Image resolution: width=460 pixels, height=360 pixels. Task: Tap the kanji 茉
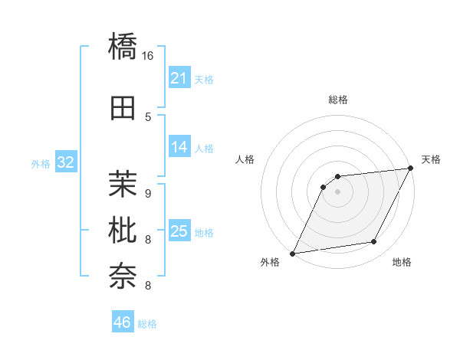(x=123, y=183)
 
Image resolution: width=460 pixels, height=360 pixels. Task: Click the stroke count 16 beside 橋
(x=148, y=55)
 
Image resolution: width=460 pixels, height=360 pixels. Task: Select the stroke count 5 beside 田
(x=148, y=117)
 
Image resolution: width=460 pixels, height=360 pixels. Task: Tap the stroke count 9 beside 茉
(x=148, y=192)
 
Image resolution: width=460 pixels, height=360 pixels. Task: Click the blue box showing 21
(x=179, y=78)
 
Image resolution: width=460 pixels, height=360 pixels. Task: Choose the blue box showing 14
(x=179, y=148)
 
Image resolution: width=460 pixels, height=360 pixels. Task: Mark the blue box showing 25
(x=179, y=231)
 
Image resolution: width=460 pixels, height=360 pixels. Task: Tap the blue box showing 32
(x=65, y=162)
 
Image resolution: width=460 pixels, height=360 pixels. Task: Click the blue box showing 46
(x=123, y=322)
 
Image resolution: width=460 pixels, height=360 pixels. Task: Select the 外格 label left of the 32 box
(x=41, y=163)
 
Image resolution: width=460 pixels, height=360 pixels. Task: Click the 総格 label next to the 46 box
(x=147, y=324)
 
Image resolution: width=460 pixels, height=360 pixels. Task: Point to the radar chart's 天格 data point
(x=411, y=169)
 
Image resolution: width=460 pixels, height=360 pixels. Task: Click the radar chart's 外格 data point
(x=292, y=253)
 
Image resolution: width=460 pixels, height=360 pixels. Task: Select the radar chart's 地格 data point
(x=374, y=242)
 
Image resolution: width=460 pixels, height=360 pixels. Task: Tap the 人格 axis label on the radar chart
(x=245, y=159)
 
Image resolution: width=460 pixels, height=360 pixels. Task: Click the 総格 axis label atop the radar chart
(x=337, y=100)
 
